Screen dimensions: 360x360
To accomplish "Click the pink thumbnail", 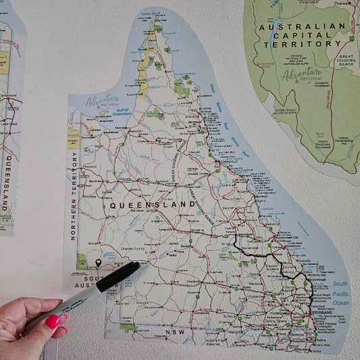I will pos(53,322).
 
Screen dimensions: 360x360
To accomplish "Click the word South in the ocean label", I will pos(340,284).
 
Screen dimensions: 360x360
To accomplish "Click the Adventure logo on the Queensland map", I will pos(101,103).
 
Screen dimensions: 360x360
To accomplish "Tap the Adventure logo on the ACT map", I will pos(302,76).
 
